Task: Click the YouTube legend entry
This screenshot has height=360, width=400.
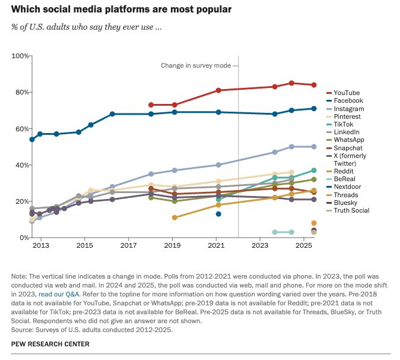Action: coord(347,93)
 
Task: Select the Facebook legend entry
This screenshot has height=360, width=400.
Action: coord(348,100)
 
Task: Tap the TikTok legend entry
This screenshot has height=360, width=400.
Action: coord(343,124)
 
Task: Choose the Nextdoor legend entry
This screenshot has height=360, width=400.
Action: coord(347,187)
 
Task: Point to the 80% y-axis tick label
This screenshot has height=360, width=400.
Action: coord(21,92)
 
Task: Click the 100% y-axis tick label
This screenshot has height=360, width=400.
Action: coord(20,56)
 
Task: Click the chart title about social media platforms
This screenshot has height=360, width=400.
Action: coord(113,10)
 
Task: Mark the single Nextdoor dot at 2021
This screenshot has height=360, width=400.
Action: coord(218,214)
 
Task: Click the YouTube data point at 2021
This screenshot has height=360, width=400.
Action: coord(218,90)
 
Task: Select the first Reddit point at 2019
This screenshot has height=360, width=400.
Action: coord(174,217)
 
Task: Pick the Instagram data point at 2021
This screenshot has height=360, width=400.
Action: coord(218,165)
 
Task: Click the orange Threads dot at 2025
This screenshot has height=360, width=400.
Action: coord(314,223)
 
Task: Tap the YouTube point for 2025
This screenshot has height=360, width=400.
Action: coord(314,85)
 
